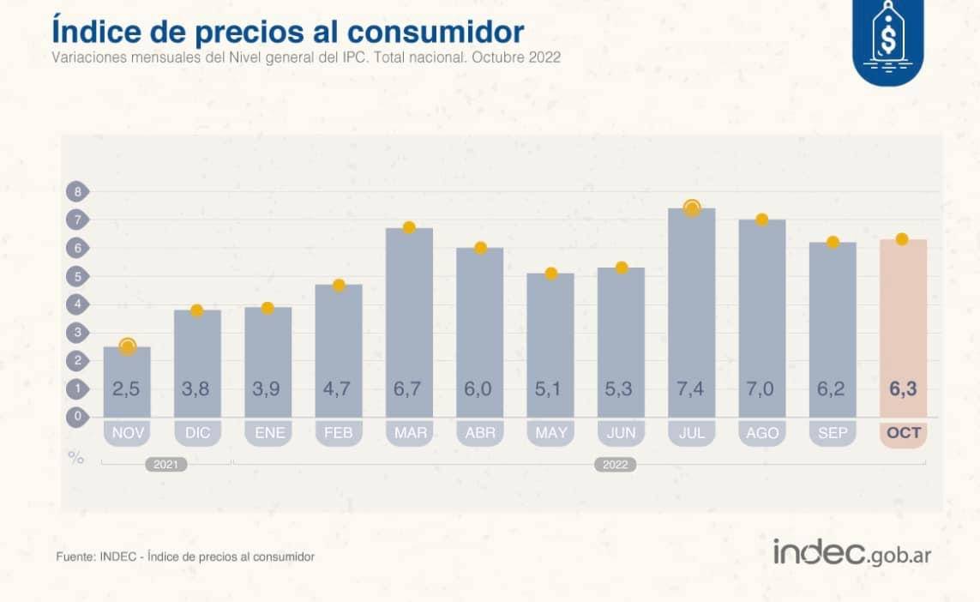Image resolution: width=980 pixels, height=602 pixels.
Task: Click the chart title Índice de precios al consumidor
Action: [287, 31]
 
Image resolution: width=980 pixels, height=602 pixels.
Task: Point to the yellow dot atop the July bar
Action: [692, 208]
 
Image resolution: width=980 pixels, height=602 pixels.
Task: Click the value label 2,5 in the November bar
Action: [127, 389]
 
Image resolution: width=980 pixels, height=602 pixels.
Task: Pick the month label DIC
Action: [197, 433]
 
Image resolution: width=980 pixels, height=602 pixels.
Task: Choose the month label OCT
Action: [904, 433]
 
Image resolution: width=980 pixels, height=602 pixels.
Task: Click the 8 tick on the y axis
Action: [77, 192]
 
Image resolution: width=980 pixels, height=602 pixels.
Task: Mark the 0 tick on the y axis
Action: [77, 417]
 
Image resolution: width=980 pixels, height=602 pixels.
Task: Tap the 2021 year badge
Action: [165, 465]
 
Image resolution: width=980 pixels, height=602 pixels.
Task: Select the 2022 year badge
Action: [615, 465]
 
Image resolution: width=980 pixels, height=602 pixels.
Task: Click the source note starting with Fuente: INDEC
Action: [185, 557]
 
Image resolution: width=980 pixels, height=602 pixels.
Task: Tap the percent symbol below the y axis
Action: [76, 458]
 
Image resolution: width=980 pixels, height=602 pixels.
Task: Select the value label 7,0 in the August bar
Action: [761, 389]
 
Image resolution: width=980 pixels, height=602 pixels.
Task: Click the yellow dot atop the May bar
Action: [551, 274]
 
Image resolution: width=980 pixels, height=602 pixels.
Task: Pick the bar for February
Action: [339, 352]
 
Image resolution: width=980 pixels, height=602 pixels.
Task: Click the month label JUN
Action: [622, 433]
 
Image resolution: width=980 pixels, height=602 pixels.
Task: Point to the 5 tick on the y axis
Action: [77, 276]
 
